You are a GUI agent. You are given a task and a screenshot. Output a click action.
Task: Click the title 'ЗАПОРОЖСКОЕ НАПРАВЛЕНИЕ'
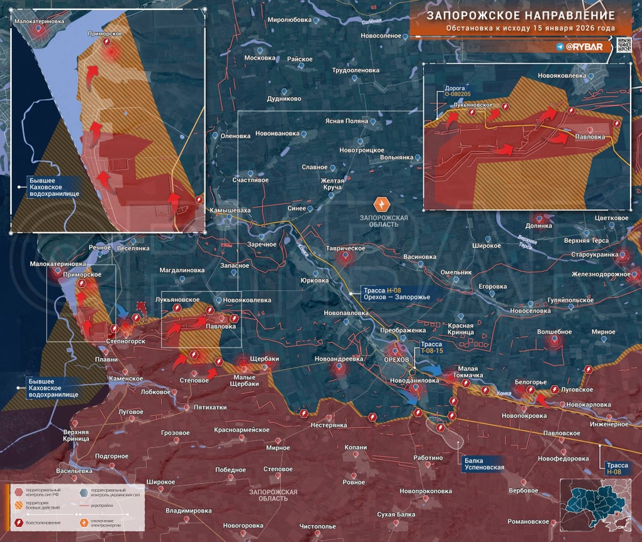(520, 15)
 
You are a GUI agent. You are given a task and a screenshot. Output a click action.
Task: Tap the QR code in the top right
(623, 45)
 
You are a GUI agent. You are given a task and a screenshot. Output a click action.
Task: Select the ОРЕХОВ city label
(397, 359)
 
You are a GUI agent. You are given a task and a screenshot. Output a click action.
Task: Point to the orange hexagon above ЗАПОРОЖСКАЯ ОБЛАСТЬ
(382, 204)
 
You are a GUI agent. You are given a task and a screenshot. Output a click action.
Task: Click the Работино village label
(428, 458)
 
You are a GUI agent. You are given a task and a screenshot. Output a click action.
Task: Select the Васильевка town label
(75, 471)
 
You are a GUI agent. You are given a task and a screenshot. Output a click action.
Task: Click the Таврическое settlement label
(345, 248)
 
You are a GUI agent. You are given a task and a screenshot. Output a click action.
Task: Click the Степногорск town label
(126, 341)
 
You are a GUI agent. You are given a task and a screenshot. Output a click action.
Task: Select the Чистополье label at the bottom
(318, 526)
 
